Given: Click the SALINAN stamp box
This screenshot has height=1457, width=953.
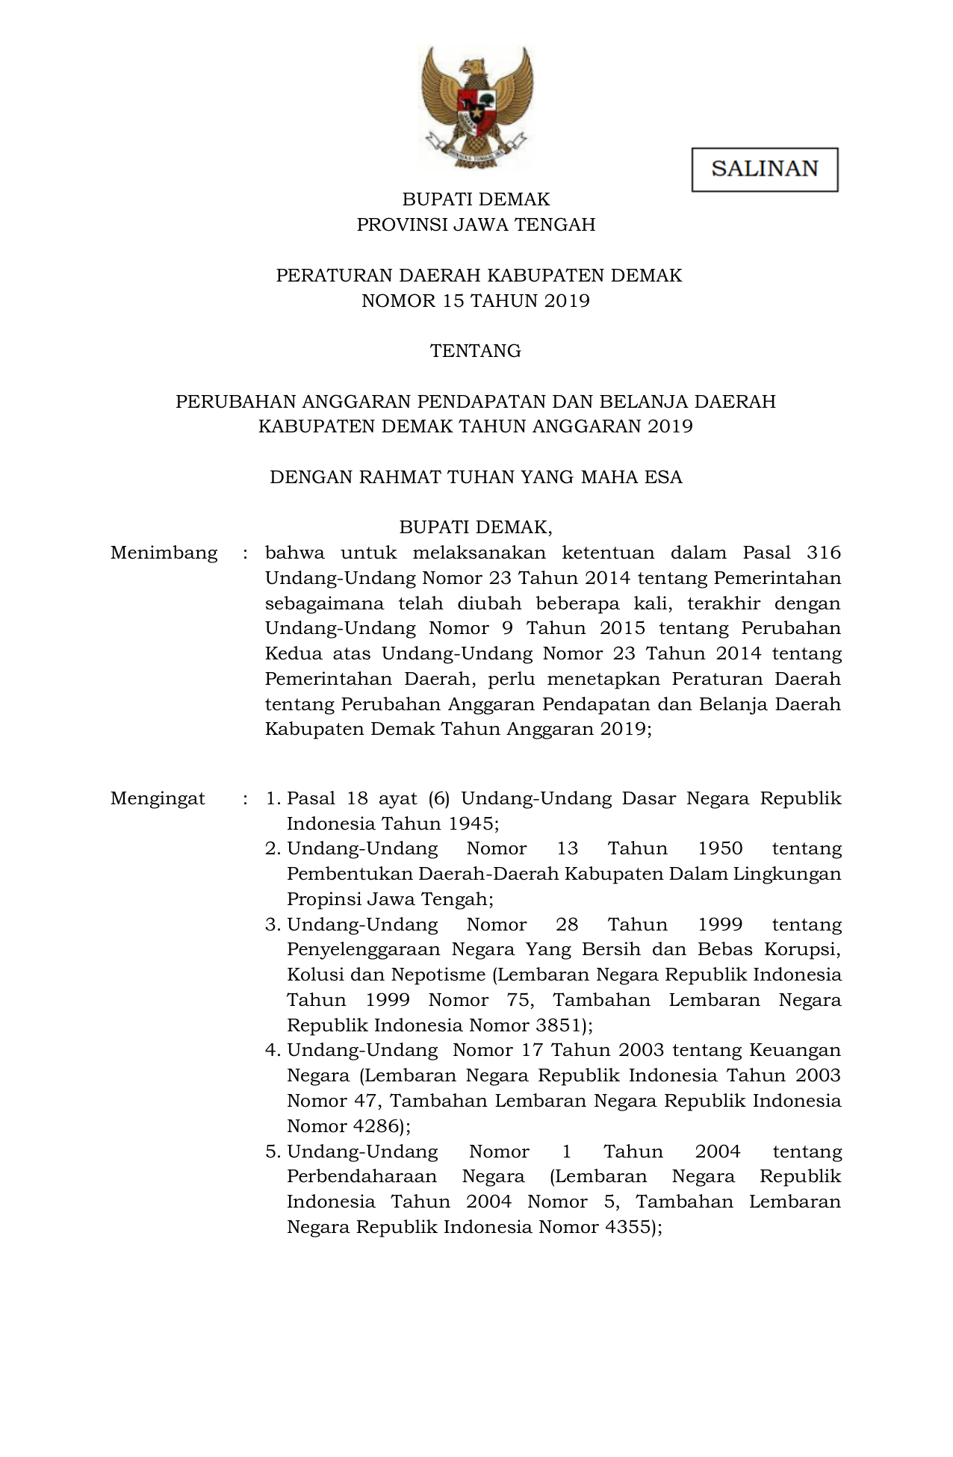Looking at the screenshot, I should [x=764, y=170].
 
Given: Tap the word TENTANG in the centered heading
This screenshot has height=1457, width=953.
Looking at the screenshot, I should [x=475, y=351].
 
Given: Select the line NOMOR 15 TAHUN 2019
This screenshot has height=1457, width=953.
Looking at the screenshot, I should [x=475, y=301].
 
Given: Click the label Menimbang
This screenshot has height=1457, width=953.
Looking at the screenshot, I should [x=164, y=553].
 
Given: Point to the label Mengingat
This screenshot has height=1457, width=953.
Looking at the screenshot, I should [x=157, y=799].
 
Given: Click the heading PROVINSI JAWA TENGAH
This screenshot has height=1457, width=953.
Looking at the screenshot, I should [x=475, y=225].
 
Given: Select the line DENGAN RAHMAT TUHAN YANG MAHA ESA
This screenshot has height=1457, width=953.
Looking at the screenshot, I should [x=475, y=477].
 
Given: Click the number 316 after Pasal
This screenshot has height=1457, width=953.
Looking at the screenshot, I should [x=824, y=553].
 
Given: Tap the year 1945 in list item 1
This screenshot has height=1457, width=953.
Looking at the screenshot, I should [x=470, y=824].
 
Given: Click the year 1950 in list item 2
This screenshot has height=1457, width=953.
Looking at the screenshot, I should [x=720, y=849].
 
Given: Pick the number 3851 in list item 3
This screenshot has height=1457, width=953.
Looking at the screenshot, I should [x=557, y=1025].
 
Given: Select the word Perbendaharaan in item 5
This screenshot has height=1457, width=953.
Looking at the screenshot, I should [x=362, y=1177].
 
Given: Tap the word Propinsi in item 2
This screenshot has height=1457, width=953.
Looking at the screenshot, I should [x=322, y=900].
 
